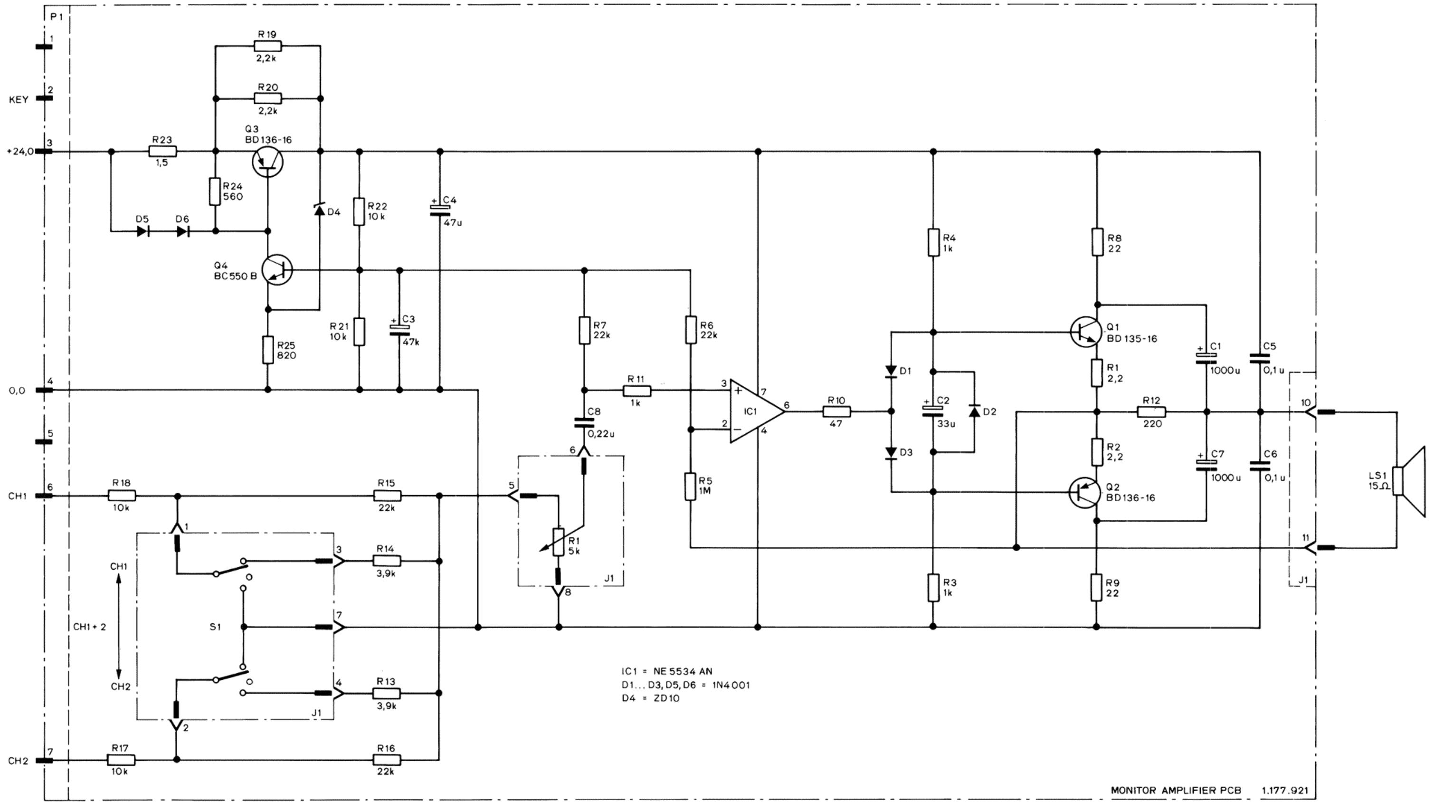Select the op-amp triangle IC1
[757, 411]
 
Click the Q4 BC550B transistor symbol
[276, 271]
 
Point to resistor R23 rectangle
[162, 152]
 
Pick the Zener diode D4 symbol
[320, 210]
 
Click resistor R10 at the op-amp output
[836, 411]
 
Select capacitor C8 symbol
[584, 423]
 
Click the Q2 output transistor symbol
[1085, 492]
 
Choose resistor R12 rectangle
[1151, 411]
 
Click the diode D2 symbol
[974, 411]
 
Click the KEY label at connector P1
[19, 100]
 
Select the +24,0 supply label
[20, 151]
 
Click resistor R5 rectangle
[690, 487]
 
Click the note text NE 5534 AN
[683, 671]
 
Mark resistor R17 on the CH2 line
[121, 760]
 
